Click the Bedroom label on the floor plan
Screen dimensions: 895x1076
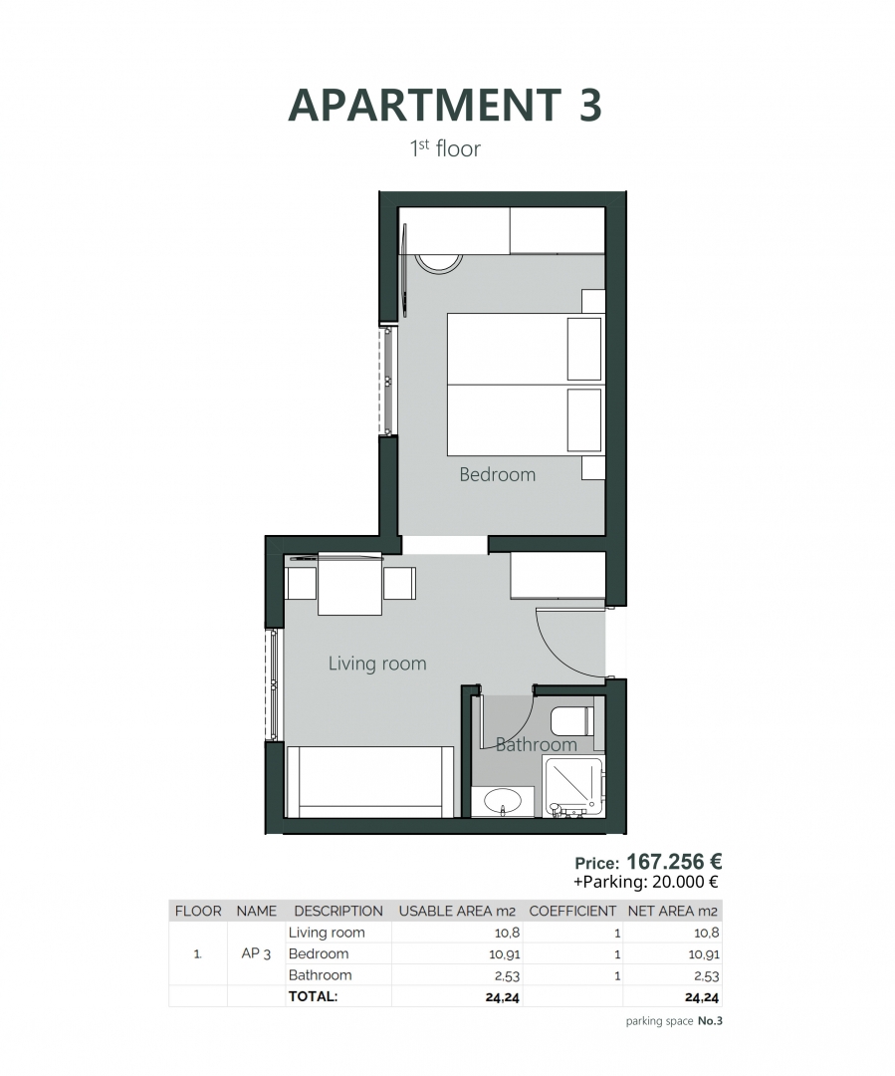point(497,474)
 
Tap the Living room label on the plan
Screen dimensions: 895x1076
point(377,663)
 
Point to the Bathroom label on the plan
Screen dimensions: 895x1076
point(536,744)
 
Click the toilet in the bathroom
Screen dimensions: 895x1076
point(572,721)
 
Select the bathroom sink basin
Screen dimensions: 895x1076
point(503,800)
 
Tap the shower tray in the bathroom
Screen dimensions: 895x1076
point(572,786)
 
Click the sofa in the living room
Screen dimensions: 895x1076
point(369,782)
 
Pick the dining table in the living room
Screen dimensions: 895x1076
point(349,584)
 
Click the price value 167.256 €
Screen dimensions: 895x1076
point(674,861)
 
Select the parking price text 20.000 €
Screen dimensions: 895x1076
point(685,882)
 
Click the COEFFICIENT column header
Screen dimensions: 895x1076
point(572,911)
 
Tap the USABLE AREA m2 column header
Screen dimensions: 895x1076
point(457,911)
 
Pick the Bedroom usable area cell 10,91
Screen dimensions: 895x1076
point(504,953)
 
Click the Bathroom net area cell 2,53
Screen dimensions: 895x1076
point(707,975)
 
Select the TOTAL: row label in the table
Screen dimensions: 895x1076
point(314,996)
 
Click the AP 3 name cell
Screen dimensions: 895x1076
point(256,953)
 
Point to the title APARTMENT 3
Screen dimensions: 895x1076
point(445,105)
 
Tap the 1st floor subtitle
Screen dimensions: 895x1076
point(445,148)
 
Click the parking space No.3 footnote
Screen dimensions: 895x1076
point(674,1021)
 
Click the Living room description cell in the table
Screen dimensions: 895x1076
point(327,933)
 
